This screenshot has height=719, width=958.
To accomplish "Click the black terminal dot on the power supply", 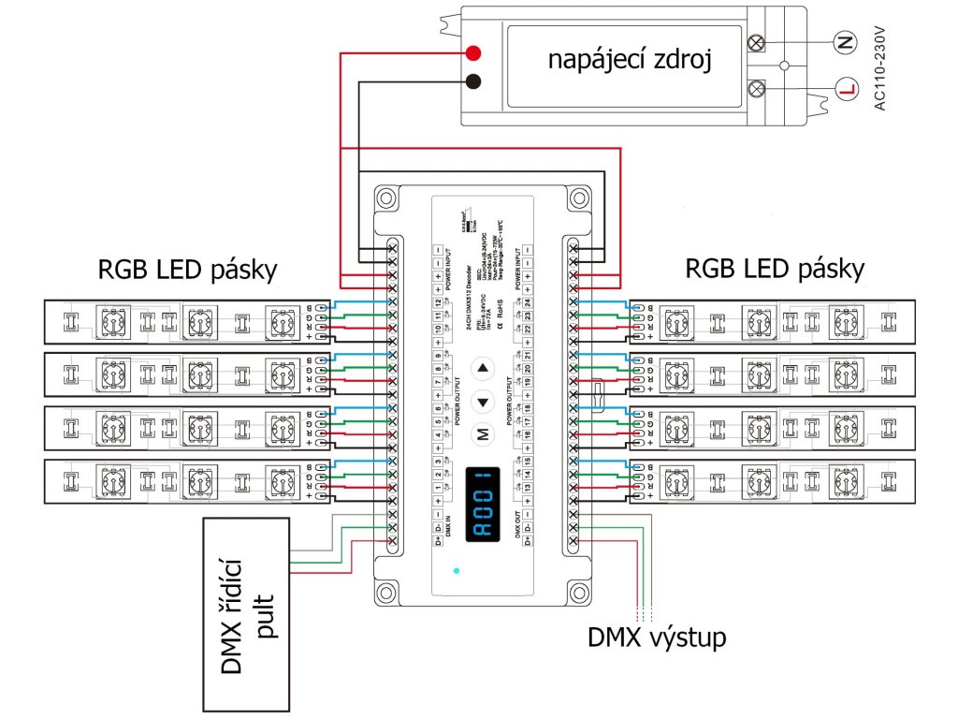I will tap(473, 81).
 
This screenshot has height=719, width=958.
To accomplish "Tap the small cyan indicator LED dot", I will tap(457, 570).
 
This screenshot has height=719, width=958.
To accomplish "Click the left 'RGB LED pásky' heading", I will tap(188, 271).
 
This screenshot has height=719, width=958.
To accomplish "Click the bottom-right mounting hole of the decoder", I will tap(579, 592).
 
